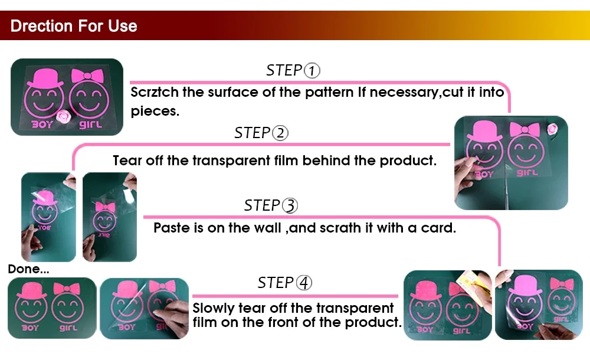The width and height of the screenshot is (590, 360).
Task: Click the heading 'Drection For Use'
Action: point(74,26)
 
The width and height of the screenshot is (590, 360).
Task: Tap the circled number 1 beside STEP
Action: point(312,70)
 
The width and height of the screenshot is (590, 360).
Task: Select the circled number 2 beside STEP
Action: point(280,133)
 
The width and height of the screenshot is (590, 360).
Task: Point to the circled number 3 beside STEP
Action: point(290,205)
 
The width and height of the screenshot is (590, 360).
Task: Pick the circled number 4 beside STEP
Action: point(304,283)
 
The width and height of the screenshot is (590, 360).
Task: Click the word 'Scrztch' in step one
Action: point(155,92)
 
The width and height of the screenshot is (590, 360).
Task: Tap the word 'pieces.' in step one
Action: point(155,112)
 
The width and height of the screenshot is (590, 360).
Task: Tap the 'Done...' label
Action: point(28,269)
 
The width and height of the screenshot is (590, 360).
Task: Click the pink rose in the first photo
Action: point(63,117)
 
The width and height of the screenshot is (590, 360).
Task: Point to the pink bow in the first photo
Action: point(87,76)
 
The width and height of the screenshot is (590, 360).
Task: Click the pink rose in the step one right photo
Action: point(552,129)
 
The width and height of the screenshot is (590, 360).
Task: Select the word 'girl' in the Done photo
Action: point(68,328)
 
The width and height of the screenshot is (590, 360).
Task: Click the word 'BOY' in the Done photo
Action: point(30,328)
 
